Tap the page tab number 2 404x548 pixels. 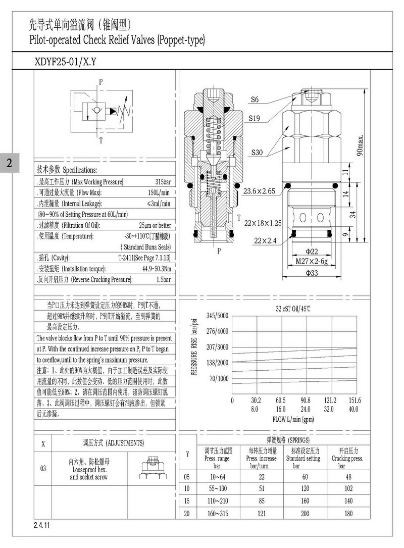pyautogui.click(x=9, y=163)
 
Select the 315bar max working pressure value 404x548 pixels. pyautogui.click(x=163, y=182)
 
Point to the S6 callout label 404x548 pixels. pyautogui.click(x=255, y=100)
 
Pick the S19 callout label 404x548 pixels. pyautogui.click(x=255, y=119)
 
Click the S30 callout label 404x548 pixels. pyautogui.click(x=255, y=152)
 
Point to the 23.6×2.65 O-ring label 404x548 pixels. pyautogui.click(x=259, y=191)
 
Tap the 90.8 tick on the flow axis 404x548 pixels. pyautogui.click(x=306, y=401)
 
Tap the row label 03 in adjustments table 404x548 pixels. pyautogui.click(x=43, y=468)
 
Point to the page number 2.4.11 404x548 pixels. pyautogui.click(x=42, y=526)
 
